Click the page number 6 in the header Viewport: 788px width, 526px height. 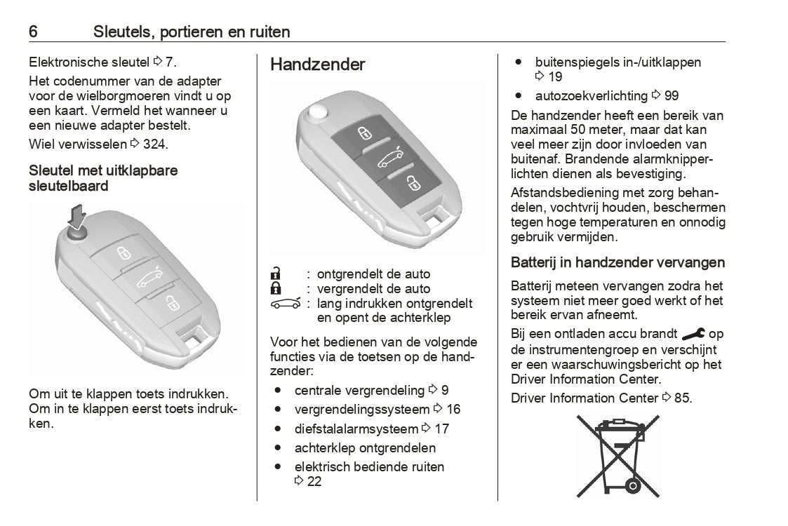(33, 32)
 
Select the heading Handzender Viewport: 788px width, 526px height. (318, 65)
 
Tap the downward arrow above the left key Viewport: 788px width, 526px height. (78, 215)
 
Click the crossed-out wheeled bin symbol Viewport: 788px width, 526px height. (617, 455)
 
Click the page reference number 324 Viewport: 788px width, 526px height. (156, 144)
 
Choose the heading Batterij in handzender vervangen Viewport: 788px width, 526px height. (617, 263)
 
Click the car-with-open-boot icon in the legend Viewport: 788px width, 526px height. (285, 304)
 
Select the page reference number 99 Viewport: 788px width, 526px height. (671, 95)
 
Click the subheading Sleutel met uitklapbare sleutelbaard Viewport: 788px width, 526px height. (103, 178)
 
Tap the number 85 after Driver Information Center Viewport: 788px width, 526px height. (682, 398)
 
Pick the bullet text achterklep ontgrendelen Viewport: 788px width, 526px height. (365, 447)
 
